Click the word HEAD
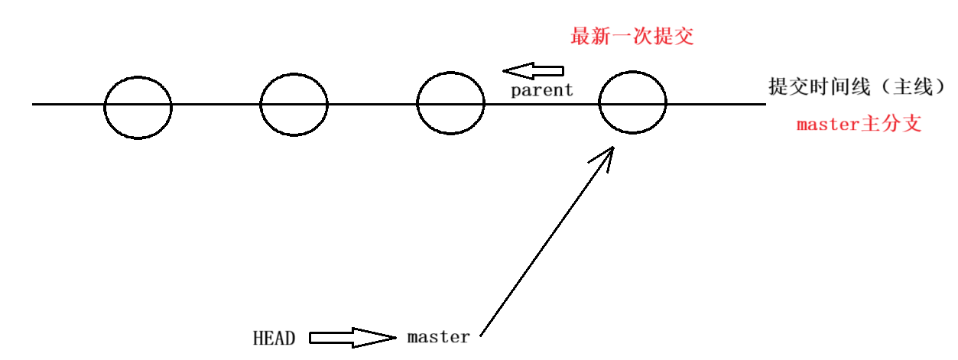(274, 339)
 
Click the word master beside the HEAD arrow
(438, 337)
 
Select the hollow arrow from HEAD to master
(352, 337)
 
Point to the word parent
(542, 90)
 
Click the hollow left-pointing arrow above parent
(532, 71)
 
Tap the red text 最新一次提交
(632, 36)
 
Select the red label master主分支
(859, 125)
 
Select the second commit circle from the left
(294, 105)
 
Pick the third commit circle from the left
(450, 104)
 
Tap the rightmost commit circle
(632, 104)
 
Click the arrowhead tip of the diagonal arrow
(612, 149)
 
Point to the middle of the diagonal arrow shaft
(547, 241)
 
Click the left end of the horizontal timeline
(34, 104)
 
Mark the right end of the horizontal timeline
(763, 104)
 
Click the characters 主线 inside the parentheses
(914, 87)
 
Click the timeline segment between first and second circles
(216, 104)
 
